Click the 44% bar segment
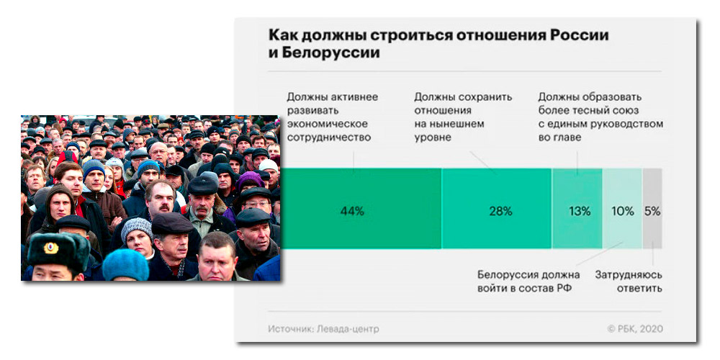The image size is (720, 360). [x=353, y=211]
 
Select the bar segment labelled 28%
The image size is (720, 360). [x=497, y=211]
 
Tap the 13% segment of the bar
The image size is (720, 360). [x=577, y=211]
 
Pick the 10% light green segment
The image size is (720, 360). [x=622, y=211]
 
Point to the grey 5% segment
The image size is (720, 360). [x=652, y=211]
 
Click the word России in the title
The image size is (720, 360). [x=580, y=35]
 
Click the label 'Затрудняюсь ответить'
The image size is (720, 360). [x=629, y=282]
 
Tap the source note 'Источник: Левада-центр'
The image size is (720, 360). [x=323, y=329]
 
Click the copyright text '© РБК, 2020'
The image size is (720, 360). [x=634, y=329]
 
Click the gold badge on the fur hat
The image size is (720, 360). [x=51, y=248]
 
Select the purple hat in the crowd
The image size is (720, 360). [x=250, y=180]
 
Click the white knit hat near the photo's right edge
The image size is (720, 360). [x=269, y=166]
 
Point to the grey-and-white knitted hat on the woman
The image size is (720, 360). [x=136, y=230]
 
